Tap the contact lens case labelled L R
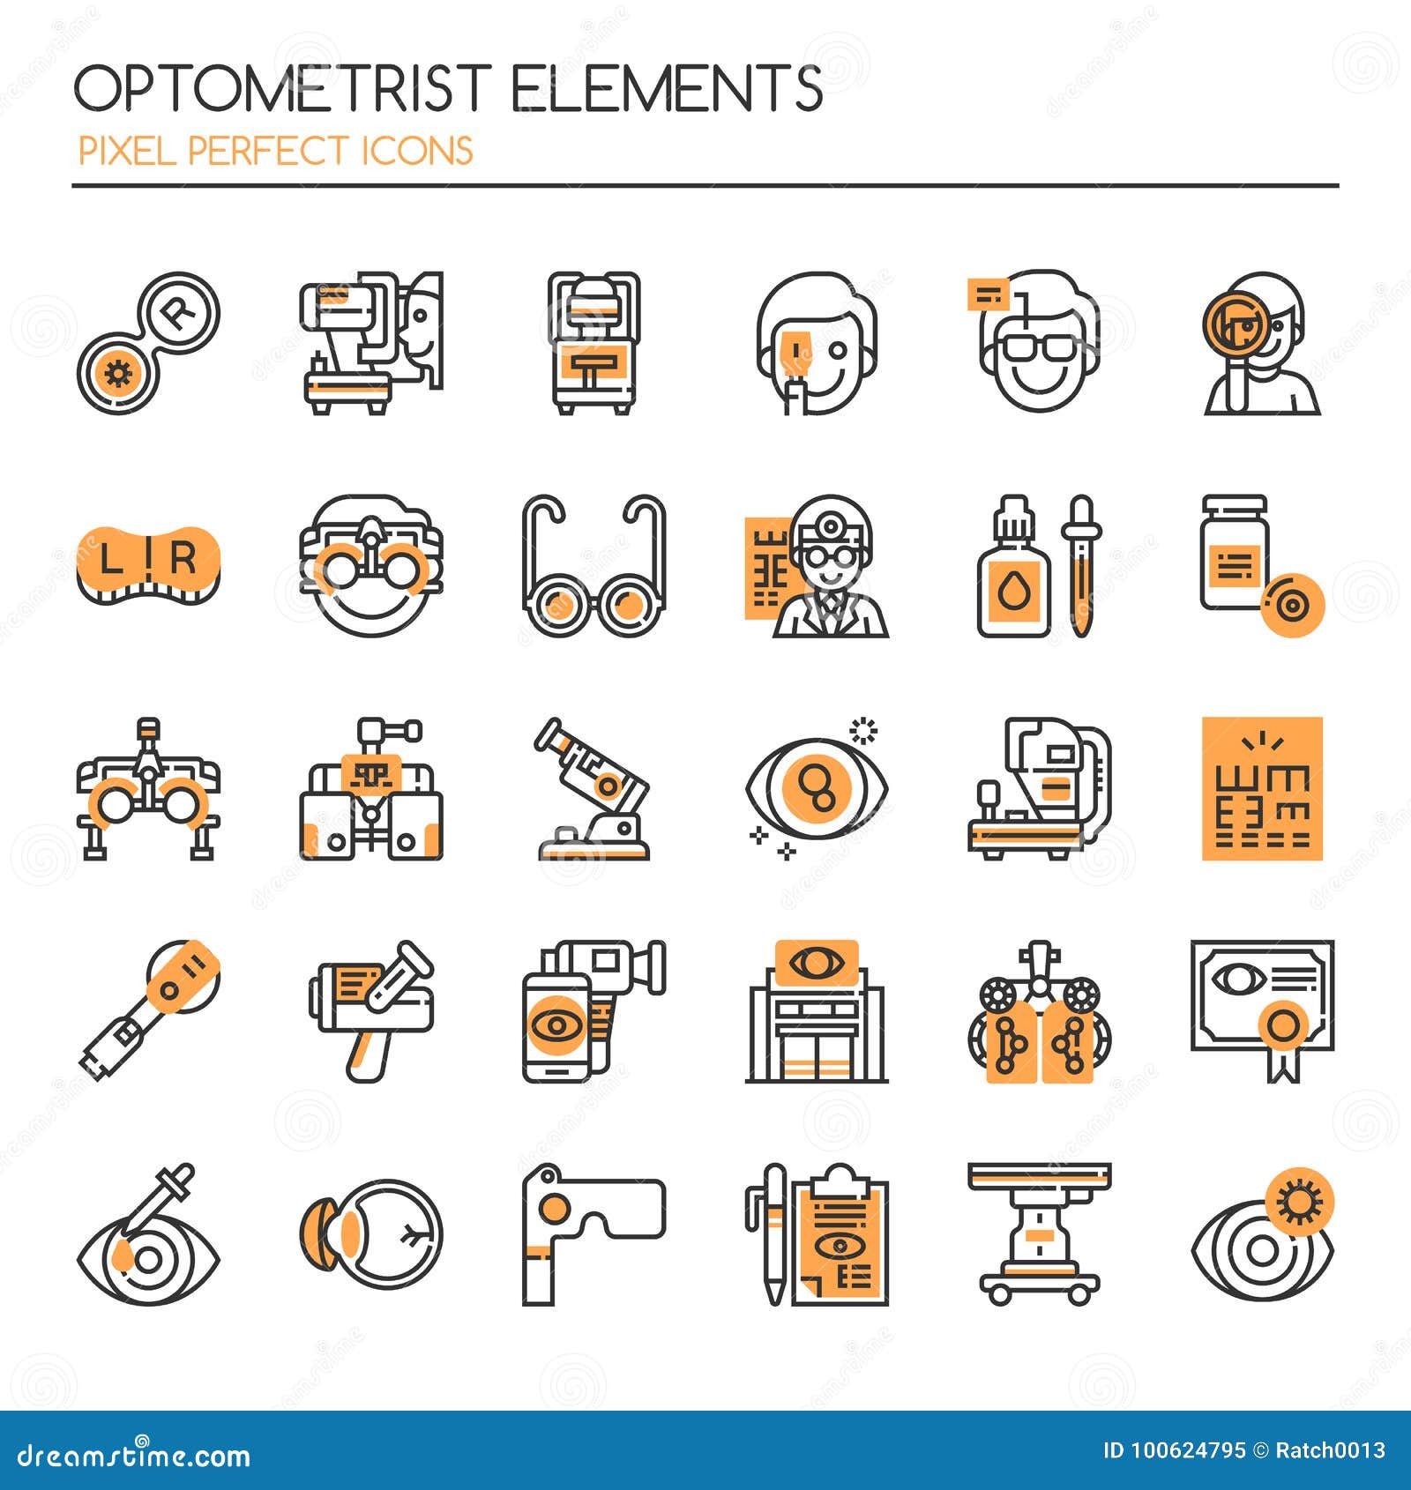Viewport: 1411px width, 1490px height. [148, 564]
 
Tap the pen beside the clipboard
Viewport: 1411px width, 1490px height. [773, 1234]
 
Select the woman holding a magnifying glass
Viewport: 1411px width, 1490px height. [1262, 344]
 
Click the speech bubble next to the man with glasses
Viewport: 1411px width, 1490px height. [987, 294]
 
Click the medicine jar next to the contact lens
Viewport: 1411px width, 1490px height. [1234, 555]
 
